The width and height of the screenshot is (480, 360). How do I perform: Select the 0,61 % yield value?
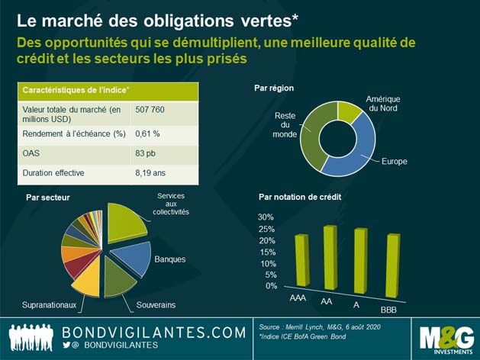coord(147,134)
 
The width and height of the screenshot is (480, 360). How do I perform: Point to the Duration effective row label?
coord(53,173)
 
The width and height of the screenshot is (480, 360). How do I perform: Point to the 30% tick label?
coord(266,217)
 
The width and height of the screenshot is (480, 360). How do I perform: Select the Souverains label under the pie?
coord(156,305)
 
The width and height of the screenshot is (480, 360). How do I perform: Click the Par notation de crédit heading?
coord(299,197)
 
